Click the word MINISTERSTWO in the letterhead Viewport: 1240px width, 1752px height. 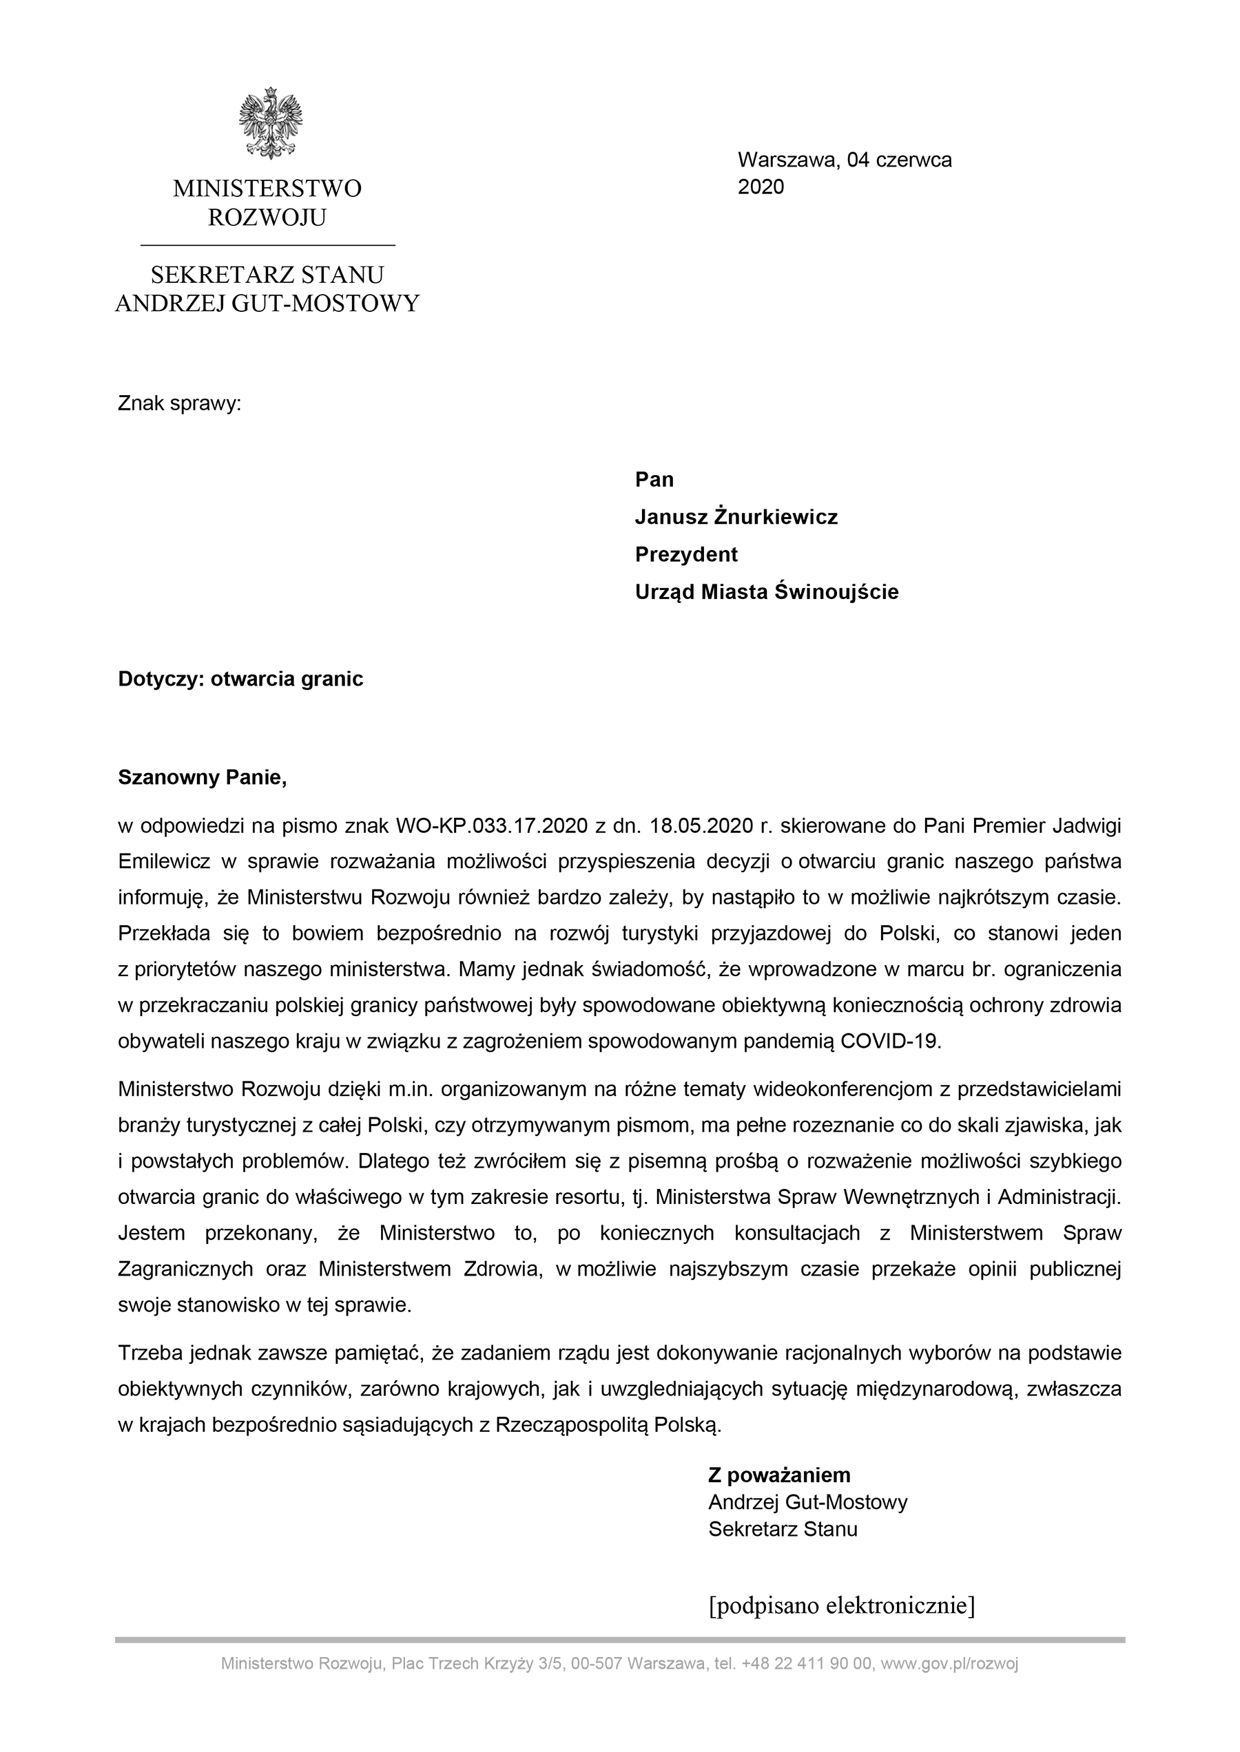coord(267,189)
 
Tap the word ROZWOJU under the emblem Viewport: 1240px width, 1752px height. coord(267,218)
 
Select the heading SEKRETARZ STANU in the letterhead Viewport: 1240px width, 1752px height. coord(267,275)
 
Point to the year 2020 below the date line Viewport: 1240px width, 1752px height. coord(761,187)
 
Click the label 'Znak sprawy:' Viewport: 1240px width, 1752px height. coord(179,403)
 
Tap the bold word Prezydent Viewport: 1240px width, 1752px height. coord(686,555)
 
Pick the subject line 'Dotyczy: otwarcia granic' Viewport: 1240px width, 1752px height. coord(240,679)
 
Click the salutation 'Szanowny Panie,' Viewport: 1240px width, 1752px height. coord(203,778)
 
